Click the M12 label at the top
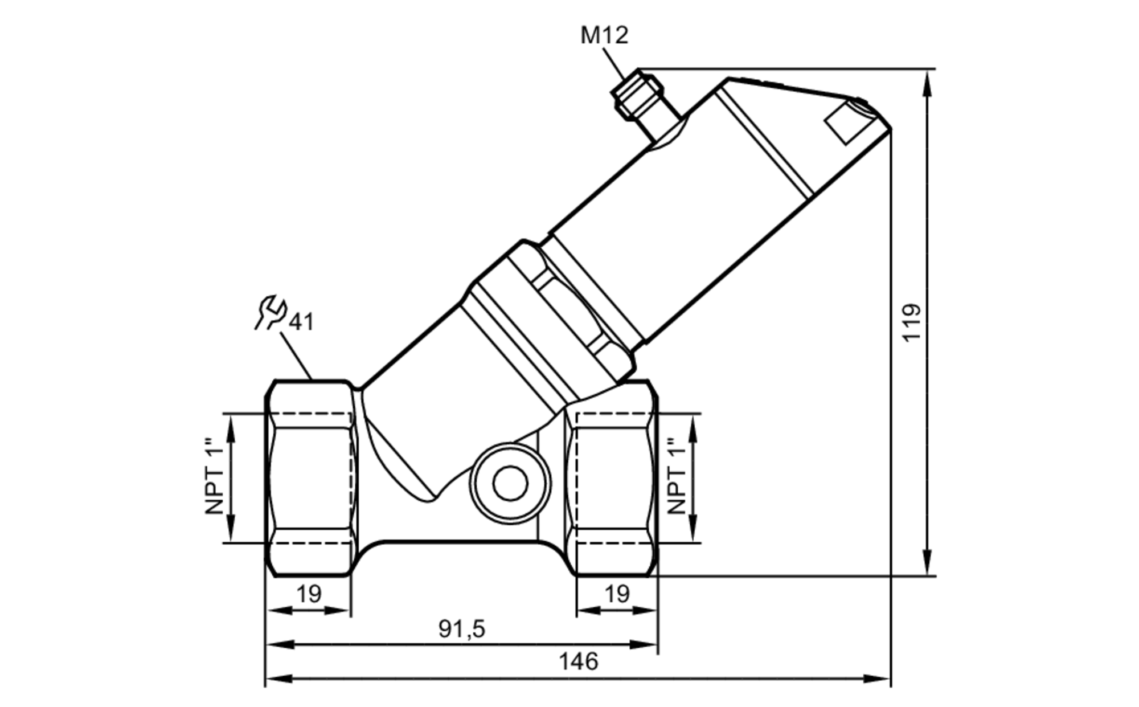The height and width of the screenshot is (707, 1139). click(x=604, y=35)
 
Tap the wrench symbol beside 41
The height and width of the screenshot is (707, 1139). click(x=269, y=312)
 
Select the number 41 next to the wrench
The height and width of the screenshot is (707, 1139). click(x=301, y=322)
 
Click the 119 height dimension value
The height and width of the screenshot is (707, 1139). click(x=912, y=322)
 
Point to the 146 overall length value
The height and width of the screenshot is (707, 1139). click(x=578, y=662)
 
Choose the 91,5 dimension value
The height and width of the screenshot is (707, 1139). click(x=462, y=629)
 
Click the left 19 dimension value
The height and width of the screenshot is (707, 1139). click(x=309, y=594)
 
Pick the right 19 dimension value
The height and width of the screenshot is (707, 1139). click(x=617, y=594)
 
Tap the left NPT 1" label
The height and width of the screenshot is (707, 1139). click(x=214, y=476)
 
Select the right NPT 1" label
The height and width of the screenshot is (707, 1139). click(x=677, y=476)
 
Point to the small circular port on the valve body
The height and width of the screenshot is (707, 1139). click(x=510, y=483)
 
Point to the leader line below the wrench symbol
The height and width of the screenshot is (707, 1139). click(x=296, y=357)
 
